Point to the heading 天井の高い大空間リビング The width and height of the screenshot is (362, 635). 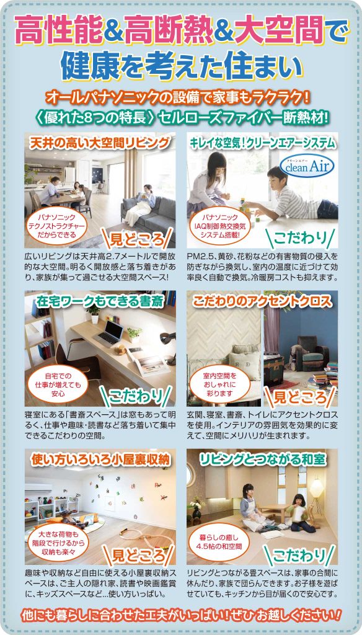pos(100,143)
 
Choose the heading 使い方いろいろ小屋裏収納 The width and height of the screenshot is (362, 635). pos(100,459)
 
